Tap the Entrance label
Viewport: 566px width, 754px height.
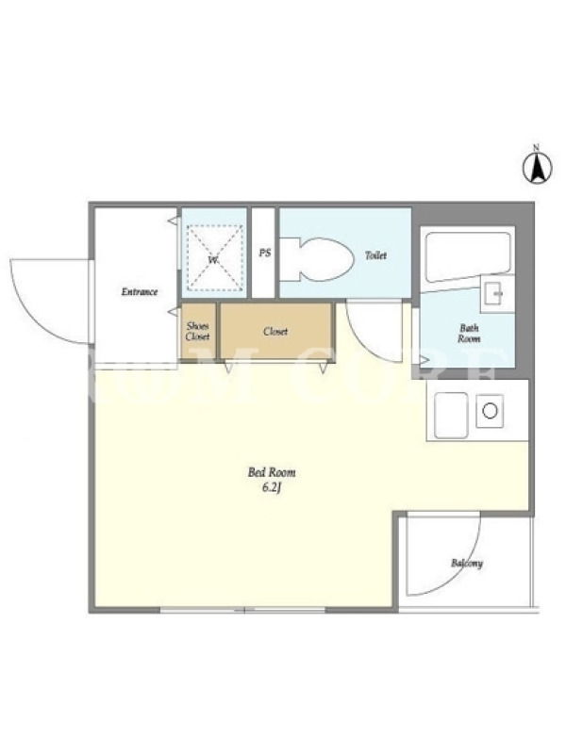139,291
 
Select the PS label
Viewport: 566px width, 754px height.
264,253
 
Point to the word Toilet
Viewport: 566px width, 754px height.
375,255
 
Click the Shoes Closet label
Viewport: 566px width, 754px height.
198,332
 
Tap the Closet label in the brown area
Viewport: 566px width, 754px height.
275,332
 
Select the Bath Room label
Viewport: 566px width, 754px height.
469,334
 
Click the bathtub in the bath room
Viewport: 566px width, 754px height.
467,257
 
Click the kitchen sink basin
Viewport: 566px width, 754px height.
451,415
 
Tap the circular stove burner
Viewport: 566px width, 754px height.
490,411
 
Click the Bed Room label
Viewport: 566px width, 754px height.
272,472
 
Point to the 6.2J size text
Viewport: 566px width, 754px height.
272,488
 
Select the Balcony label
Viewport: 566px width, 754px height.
467,563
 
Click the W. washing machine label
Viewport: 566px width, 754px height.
213,260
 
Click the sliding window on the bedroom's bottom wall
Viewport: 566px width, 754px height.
242,610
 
